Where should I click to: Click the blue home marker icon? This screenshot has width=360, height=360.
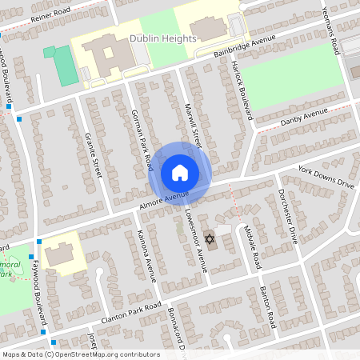180,173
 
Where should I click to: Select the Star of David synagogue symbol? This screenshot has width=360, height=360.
210,239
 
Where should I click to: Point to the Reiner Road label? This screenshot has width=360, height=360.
40,17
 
